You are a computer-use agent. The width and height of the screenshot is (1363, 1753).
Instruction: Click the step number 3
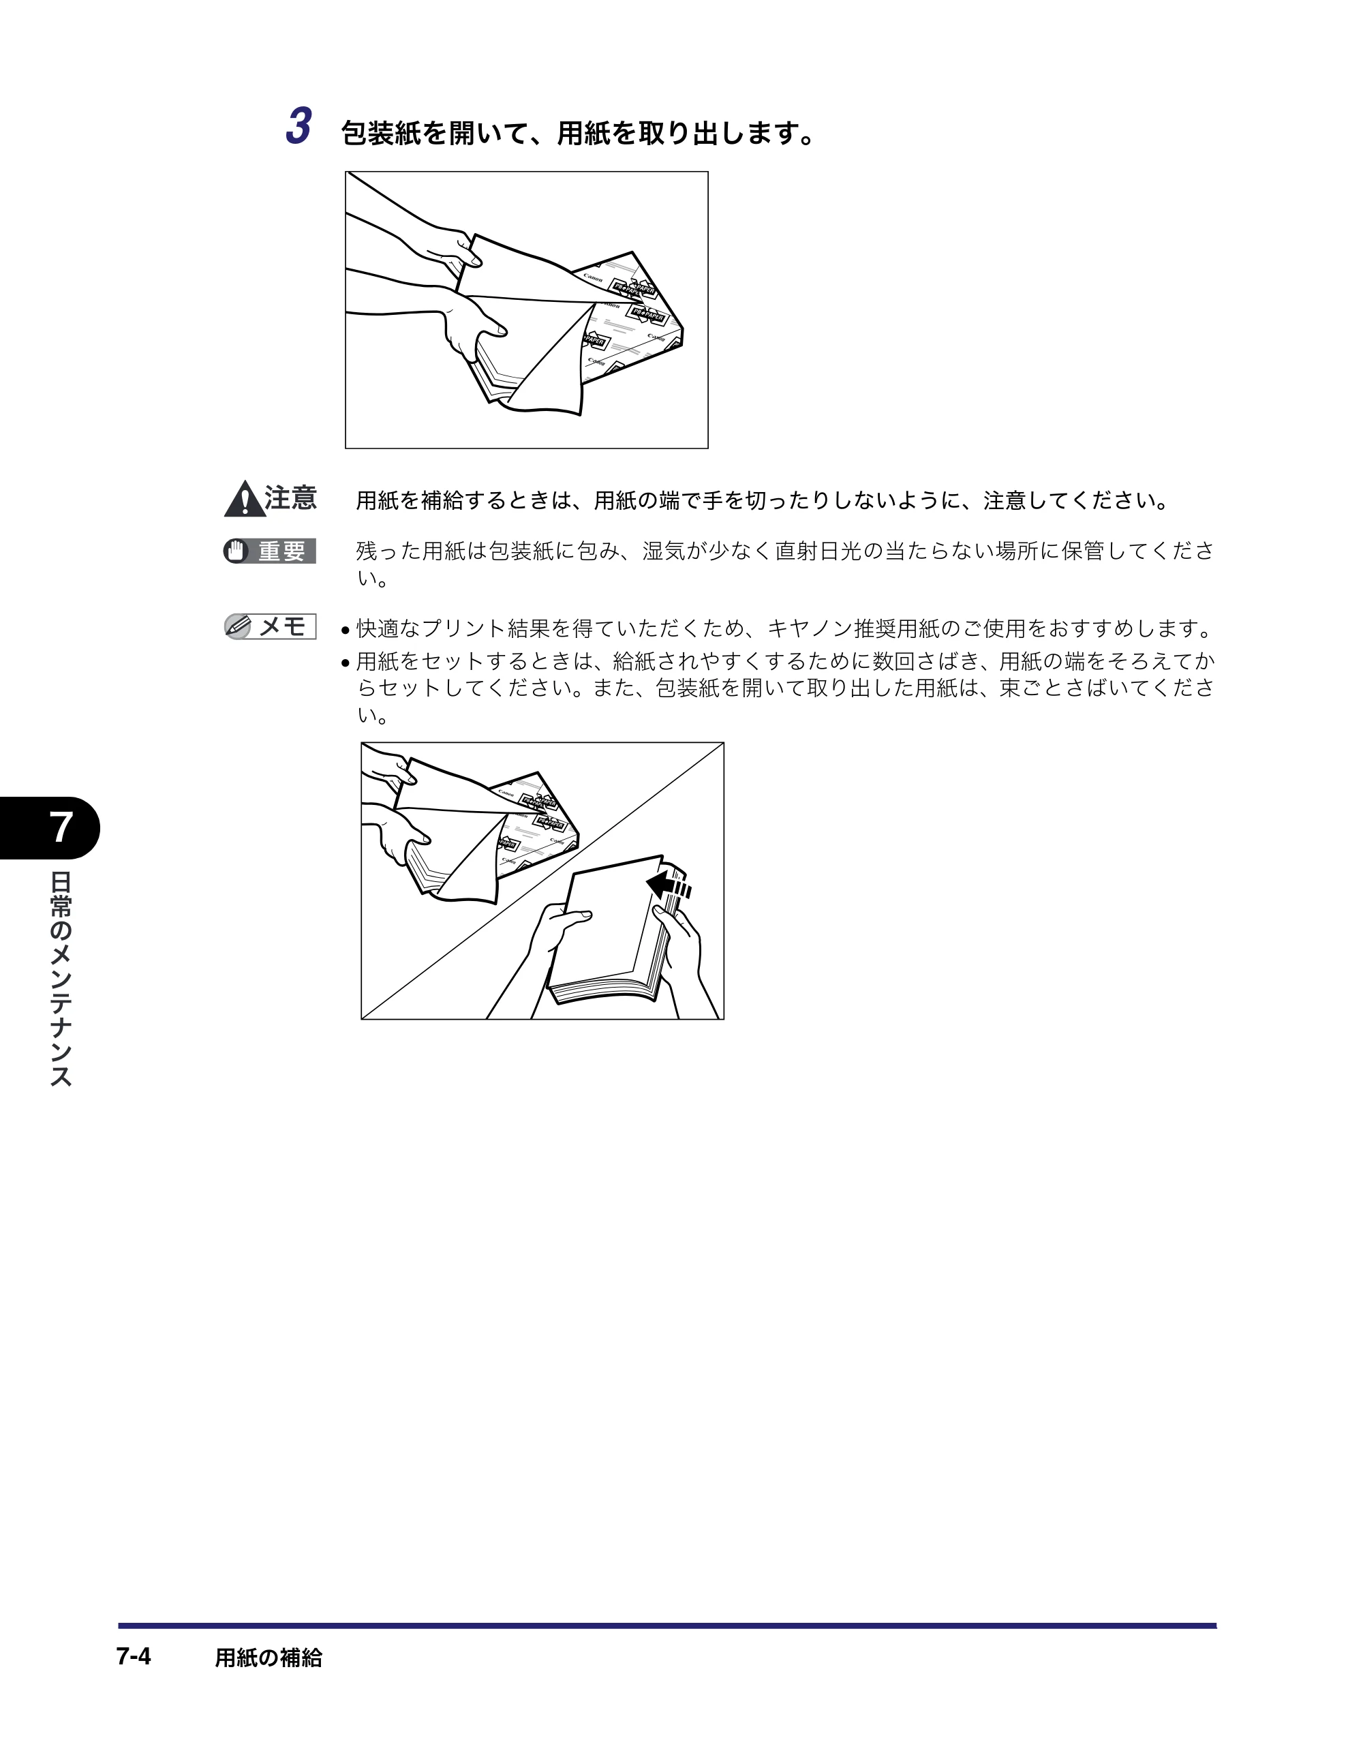tap(298, 127)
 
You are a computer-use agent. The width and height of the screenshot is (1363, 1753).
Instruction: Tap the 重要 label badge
tap(270, 551)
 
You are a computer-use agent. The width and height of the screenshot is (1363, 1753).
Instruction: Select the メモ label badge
tap(270, 626)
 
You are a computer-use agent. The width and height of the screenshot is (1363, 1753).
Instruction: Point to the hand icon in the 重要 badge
tap(236, 551)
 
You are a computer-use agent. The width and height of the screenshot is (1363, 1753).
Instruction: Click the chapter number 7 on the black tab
tap(61, 827)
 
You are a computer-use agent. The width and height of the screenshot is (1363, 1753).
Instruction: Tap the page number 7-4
tap(134, 1656)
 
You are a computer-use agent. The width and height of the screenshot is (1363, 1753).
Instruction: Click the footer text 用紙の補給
tap(268, 1658)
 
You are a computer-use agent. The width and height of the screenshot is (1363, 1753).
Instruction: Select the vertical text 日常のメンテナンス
tap(61, 979)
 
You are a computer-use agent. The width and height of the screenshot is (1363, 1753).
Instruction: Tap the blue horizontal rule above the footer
tap(667, 1626)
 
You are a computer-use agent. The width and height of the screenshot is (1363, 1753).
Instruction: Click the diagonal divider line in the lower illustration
tap(542, 881)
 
